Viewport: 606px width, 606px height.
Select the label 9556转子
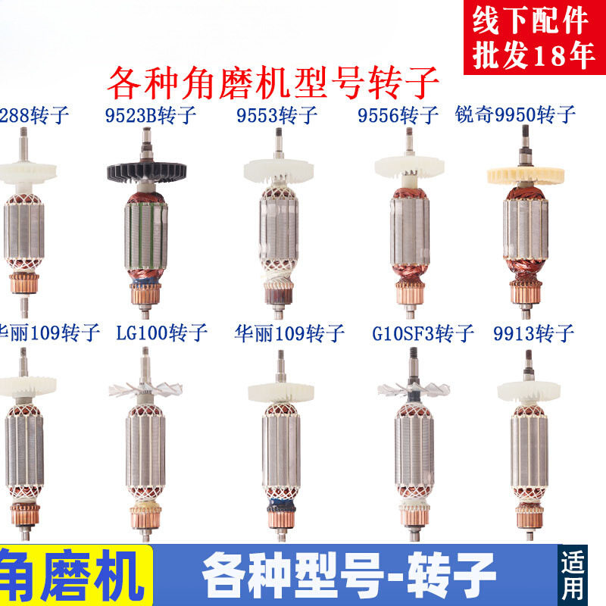coord(398,116)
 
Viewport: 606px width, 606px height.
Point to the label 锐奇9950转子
coord(516,116)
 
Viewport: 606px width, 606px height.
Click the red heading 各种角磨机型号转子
coord(273,83)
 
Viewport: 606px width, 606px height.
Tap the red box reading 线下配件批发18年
coord(530,38)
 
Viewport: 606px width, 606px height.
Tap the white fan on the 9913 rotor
coord(527,390)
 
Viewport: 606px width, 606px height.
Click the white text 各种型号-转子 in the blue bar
coord(348,574)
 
